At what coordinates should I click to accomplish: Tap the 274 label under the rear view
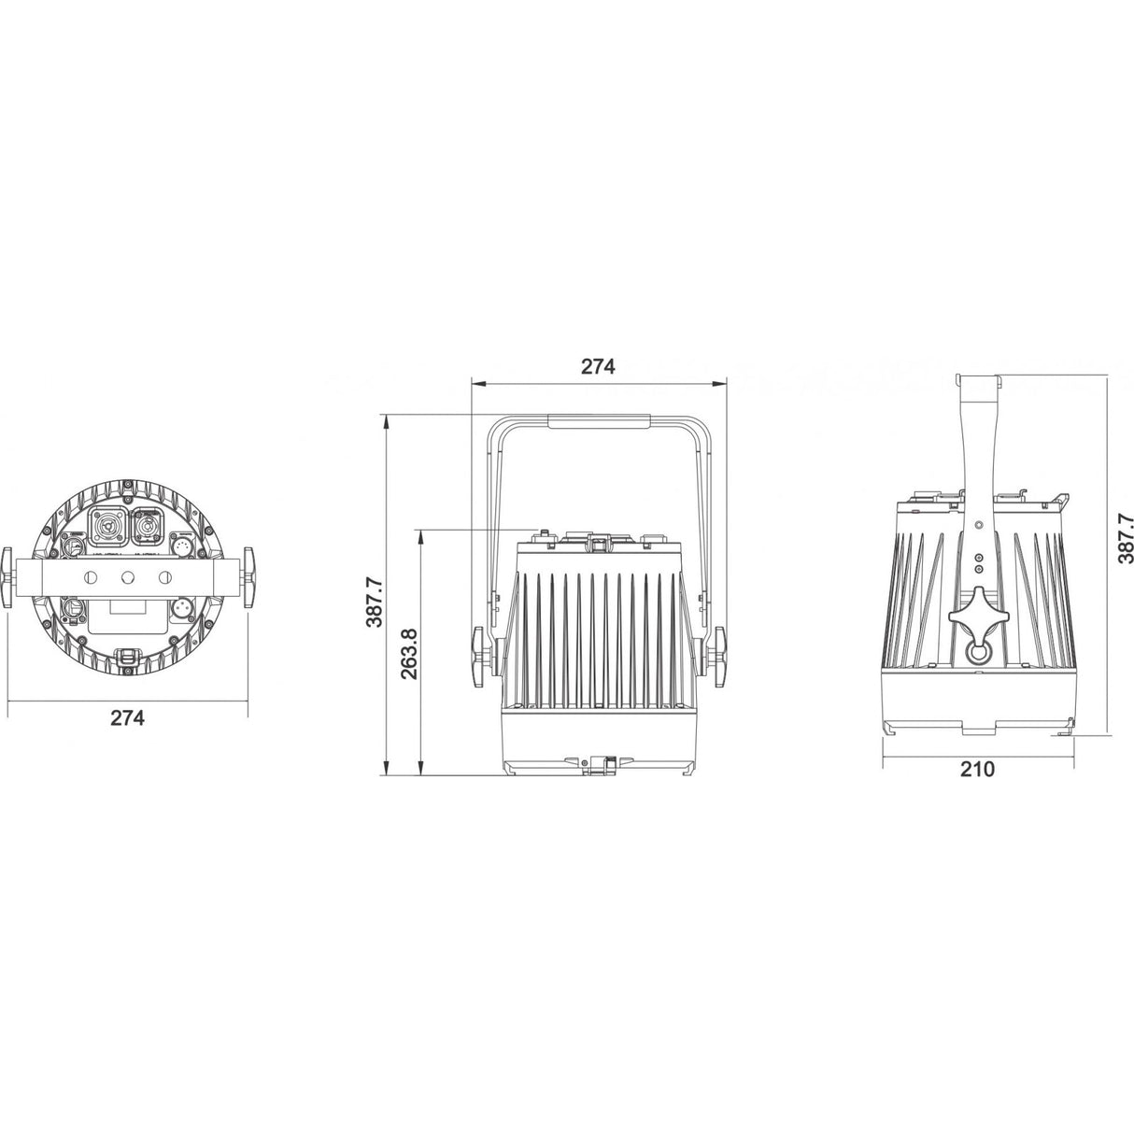pyautogui.click(x=128, y=717)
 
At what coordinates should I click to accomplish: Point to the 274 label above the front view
pyautogui.click(x=598, y=366)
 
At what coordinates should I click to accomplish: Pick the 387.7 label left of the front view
pyautogui.click(x=374, y=601)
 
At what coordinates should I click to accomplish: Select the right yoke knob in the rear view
pyautogui.click(x=249, y=579)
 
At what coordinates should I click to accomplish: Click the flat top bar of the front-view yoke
pyautogui.click(x=598, y=422)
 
